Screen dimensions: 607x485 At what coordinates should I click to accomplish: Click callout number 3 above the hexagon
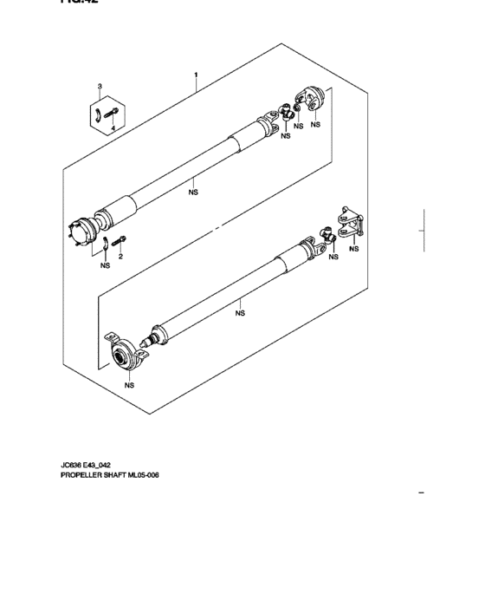tap(100, 88)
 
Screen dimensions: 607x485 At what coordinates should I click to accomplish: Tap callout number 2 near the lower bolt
tap(121, 257)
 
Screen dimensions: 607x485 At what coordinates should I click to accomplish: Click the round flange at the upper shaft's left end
tap(81, 232)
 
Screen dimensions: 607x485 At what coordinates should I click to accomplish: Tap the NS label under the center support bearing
tap(129, 384)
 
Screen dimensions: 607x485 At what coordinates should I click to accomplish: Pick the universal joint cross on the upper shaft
tap(285, 112)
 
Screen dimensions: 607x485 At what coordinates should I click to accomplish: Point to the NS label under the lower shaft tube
tap(240, 314)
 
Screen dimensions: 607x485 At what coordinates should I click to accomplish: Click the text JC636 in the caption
tap(71, 465)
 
